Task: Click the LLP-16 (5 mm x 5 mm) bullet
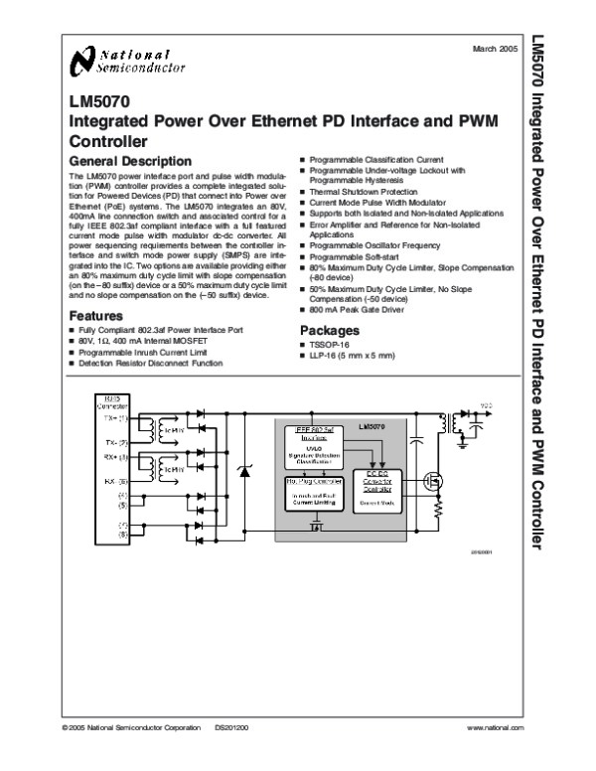coord(345,356)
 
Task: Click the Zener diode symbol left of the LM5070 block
coord(248,466)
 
